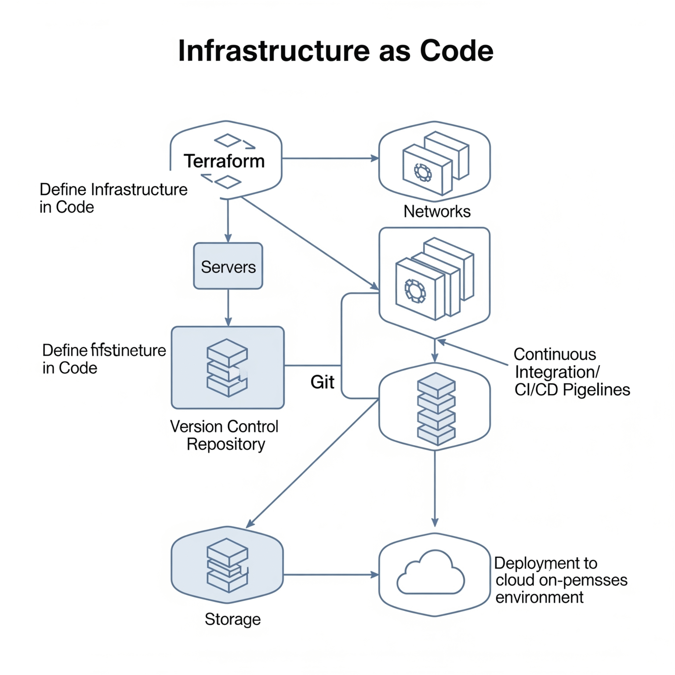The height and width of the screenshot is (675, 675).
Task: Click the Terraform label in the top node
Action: coord(224,161)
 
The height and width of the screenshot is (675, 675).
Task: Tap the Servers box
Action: coord(228,266)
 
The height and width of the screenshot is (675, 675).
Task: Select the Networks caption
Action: coord(437,211)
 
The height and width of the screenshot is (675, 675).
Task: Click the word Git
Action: coord(322,382)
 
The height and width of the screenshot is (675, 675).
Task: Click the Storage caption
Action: coord(232,619)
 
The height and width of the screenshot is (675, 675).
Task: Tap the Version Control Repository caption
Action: coord(225,435)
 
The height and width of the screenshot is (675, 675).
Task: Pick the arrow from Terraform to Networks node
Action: coord(330,158)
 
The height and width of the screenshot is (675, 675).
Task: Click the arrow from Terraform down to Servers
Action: coord(228,220)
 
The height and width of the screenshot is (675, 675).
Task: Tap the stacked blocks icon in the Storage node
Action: coord(227,565)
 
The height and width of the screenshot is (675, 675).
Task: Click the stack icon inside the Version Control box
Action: coord(227,368)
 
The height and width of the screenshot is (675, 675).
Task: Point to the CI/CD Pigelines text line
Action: coord(572,390)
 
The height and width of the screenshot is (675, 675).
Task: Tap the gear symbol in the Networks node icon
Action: coord(423,172)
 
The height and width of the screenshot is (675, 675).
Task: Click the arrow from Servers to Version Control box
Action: coord(228,307)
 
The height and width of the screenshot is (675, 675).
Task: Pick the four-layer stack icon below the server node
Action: coord(436,409)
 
